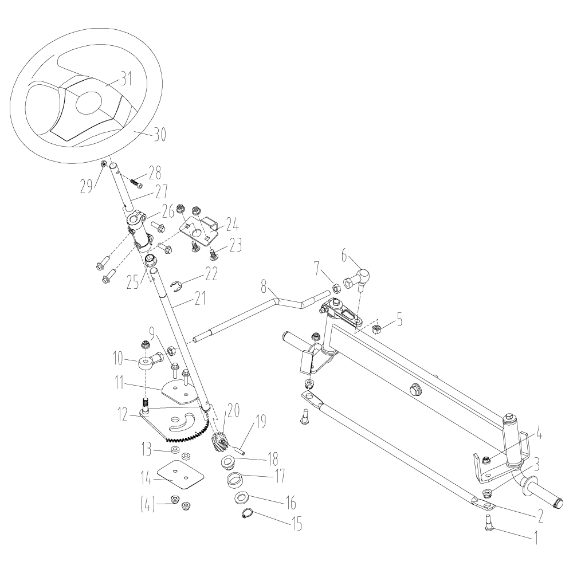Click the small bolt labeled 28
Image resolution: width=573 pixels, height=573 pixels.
(x=136, y=182)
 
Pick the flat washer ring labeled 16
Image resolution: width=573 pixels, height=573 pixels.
(x=241, y=496)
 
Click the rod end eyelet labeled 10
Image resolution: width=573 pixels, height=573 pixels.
(x=148, y=363)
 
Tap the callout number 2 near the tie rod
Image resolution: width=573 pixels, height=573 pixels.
(x=539, y=515)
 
